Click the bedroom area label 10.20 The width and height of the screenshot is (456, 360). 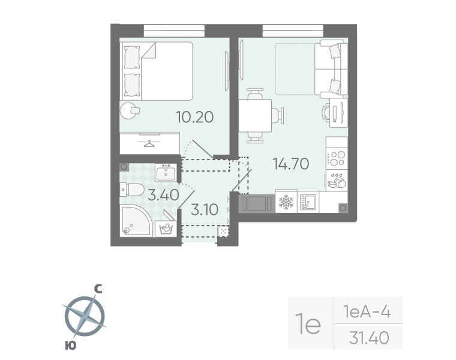[194, 116]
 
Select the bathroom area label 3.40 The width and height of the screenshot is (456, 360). [163, 194]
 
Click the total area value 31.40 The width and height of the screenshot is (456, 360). [368, 338]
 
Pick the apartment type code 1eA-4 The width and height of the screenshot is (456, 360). [367, 311]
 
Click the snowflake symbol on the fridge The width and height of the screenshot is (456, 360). [286, 203]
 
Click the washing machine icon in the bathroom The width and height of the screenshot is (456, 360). [166, 229]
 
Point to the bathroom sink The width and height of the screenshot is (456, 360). [165, 173]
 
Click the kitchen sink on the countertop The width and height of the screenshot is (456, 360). [307, 202]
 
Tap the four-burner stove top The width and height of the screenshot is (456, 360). [337, 158]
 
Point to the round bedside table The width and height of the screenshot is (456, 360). [128, 111]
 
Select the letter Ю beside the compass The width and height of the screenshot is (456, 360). [70, 344]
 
